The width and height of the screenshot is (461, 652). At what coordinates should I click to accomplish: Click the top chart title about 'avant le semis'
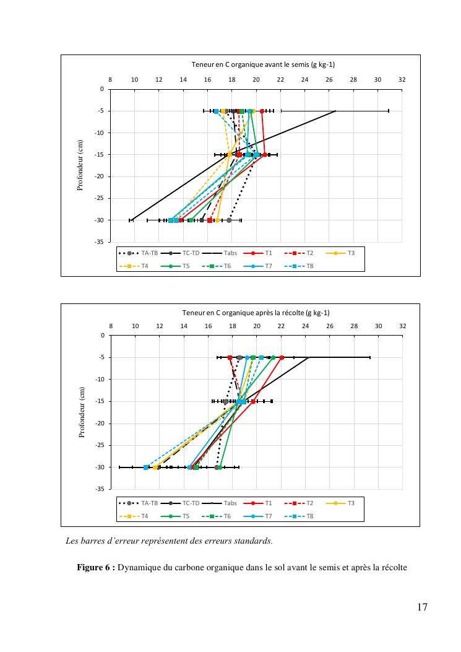[263, 64]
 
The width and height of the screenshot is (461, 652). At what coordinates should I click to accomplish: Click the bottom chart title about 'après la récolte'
[260, 313]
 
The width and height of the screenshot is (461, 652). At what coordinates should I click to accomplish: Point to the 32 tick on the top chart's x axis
[402, 79]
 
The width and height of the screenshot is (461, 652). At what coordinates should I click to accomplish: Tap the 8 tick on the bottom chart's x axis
[111, 326]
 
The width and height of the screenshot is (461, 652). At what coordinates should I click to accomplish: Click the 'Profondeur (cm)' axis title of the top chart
[80, 165]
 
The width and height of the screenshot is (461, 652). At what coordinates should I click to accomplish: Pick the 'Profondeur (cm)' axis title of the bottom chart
[81, 412]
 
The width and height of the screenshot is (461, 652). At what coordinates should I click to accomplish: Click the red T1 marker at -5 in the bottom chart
[282, 358]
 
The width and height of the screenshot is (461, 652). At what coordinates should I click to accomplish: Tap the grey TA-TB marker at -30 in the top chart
[229, 220]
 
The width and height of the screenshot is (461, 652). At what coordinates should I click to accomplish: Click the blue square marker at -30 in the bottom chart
[146, 467]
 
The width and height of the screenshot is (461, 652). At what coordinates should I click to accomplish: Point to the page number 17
[422, 607]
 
